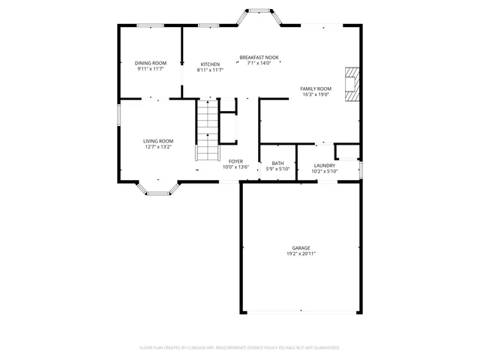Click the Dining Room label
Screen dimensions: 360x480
point(150,63)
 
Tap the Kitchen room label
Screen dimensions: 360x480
point(210,64)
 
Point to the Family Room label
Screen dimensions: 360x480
point(316,88)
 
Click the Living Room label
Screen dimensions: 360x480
point(158,141)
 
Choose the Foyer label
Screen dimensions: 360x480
point(235,161)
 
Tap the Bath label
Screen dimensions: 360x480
point(277,163)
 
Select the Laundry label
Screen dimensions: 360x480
point(324,165)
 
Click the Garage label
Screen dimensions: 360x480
point(301,248)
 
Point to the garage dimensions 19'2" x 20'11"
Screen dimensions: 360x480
point(301,254)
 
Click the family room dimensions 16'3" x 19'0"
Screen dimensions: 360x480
point(316,95)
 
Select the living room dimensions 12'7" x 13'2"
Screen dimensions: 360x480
point(158,147)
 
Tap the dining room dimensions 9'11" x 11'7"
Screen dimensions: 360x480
point(150,69)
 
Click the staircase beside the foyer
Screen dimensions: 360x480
point(207,130)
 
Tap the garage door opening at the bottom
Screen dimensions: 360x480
point(301,313)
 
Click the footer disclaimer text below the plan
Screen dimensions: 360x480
point(240,348)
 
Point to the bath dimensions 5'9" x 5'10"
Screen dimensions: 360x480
point(277,169)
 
